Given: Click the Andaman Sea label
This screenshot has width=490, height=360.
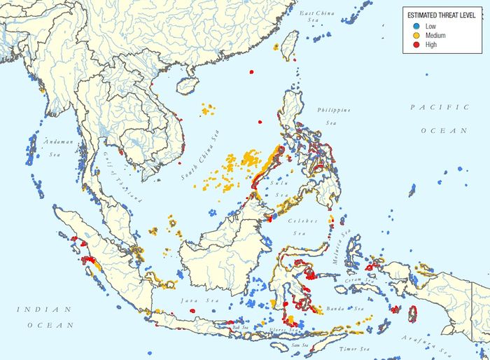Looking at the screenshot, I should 55,147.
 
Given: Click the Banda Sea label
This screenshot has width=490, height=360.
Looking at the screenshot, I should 348,308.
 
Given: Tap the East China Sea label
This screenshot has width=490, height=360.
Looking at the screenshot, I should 317,17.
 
